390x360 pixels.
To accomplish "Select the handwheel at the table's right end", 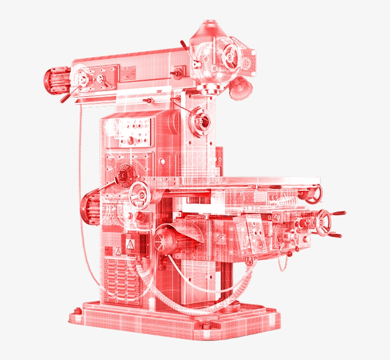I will (313, 194).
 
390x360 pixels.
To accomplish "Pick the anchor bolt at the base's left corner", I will (76, 311).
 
